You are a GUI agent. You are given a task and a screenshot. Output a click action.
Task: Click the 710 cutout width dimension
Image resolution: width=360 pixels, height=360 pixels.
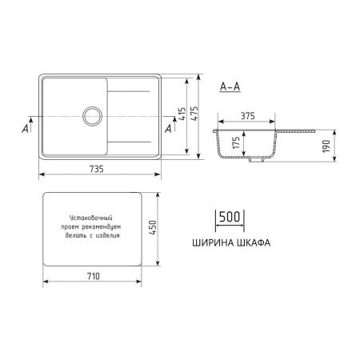(93, 277)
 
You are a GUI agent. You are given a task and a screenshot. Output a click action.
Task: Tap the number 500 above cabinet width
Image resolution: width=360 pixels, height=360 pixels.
(230, 218)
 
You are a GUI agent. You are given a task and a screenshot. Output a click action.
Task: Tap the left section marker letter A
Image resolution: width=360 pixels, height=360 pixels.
(27, 126)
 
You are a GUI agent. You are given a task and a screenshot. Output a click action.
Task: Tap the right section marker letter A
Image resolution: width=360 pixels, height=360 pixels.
(168, 126)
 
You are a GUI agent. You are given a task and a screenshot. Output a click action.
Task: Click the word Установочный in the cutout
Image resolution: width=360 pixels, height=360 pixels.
(88, 218)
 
